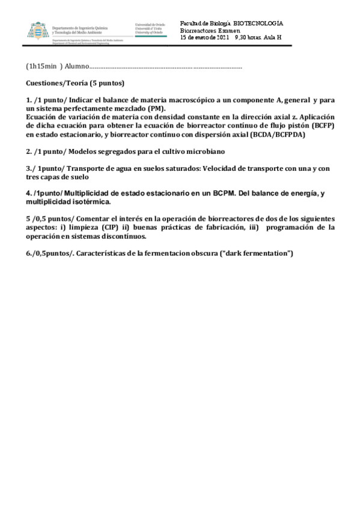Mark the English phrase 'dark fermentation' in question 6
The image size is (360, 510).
point(257,253)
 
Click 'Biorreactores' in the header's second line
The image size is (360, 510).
point(198,30)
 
